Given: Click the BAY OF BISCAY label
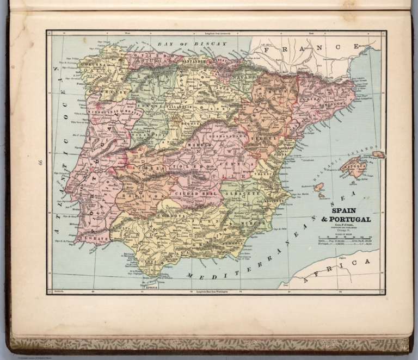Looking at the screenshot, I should (x=184, y=43).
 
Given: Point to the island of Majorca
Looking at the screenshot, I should (x=355, y=166).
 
